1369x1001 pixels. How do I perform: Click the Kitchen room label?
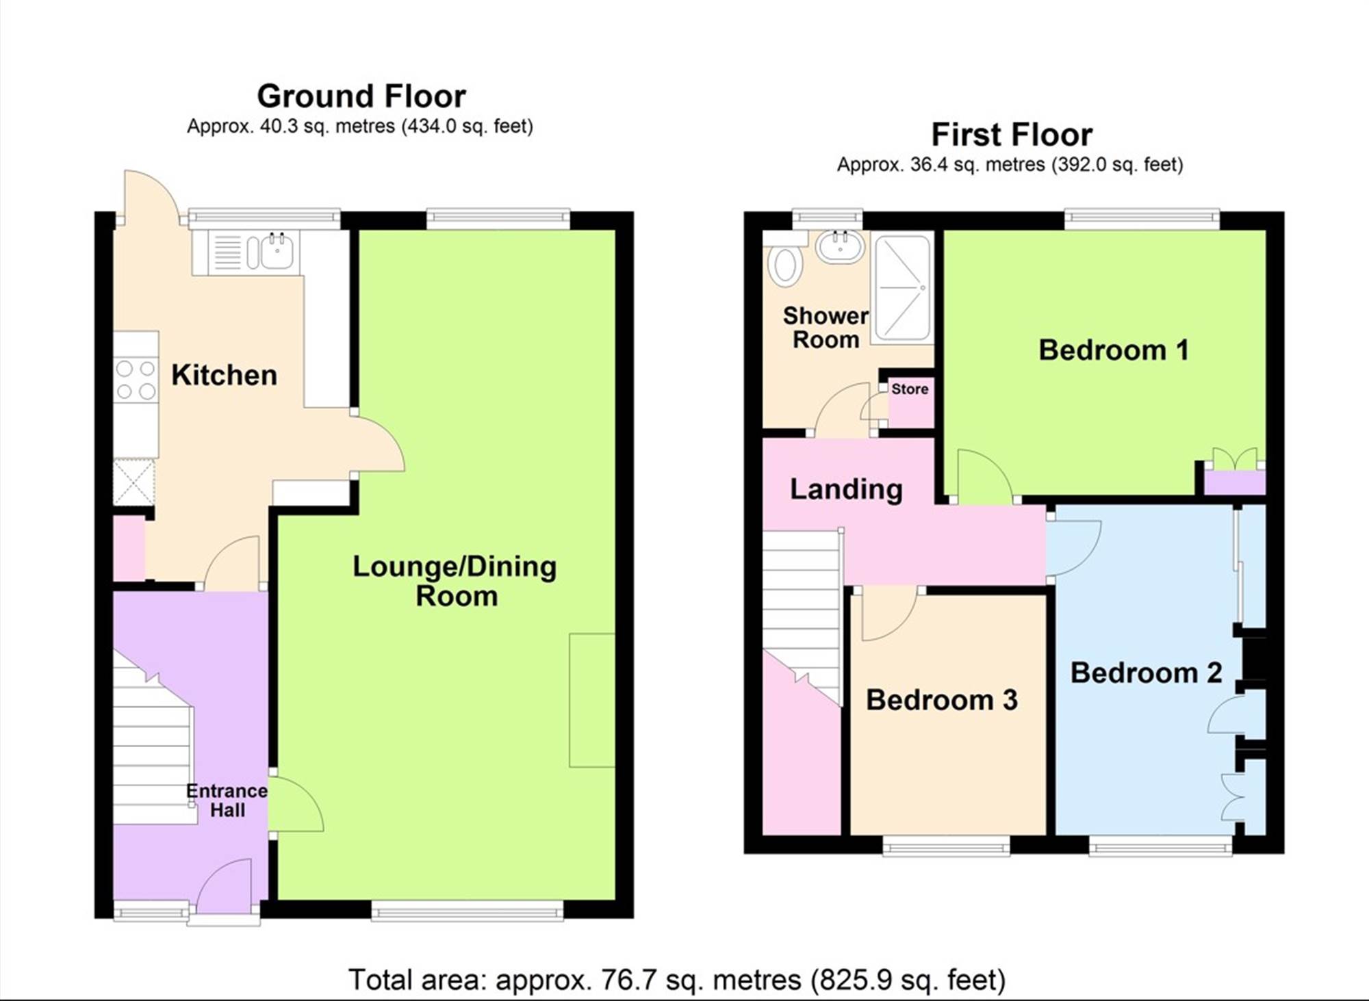click(x=224, y=375)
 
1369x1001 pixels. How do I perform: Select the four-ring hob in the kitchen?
click(x=136, y=380)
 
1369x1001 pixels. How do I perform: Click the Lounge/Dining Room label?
click(x=455, y=581)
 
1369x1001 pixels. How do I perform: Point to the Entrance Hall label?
click(x=227, y=801)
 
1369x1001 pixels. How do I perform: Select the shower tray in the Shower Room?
click(x=903, y=287)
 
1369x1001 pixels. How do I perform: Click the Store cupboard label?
click(x=910, y=389)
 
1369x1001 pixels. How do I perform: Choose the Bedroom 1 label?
click(x=1114, y=350)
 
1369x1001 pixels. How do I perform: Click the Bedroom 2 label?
click(x=1146, y=673)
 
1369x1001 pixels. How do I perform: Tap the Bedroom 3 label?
click(x=942, y=699)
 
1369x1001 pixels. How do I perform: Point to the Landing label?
click(x=846, y=489)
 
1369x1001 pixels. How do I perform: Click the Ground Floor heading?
click(x=361, y=96)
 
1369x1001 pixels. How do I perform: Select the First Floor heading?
click(x=1012, y=134)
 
